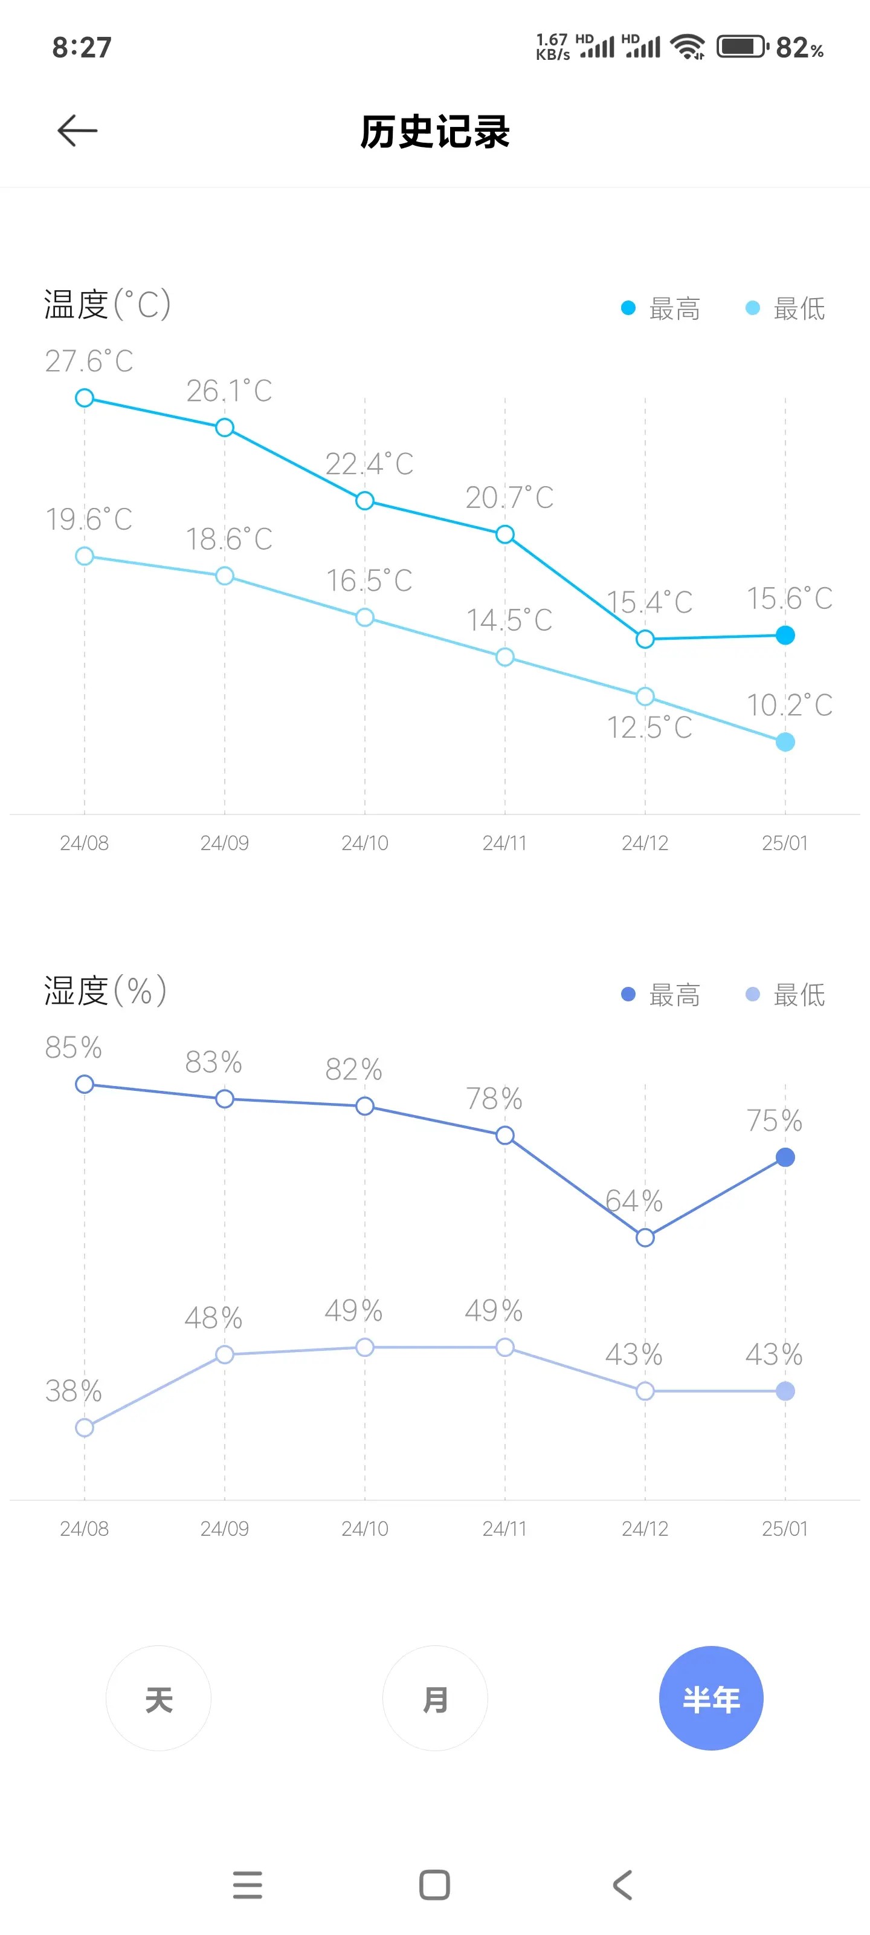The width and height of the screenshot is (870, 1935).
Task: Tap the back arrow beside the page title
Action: (77, 131)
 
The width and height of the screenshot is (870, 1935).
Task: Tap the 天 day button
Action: (158, 1699)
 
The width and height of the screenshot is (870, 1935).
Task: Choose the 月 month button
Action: (434, 1699)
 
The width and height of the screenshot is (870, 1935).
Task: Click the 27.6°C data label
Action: (89, 362)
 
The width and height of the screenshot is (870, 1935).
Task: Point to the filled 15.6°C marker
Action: (785, 636)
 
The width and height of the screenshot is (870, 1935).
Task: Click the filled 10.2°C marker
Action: (785, 742)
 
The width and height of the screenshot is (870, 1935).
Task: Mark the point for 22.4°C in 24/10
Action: (365, 501)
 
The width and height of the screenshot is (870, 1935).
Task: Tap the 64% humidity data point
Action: (645, 1237)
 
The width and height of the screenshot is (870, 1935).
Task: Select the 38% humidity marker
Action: (85, 1427)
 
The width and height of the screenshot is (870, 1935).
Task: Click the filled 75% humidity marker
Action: (785, 1157)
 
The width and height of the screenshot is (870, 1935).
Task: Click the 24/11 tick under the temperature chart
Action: (504, 843)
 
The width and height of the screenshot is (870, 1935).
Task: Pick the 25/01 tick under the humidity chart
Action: (785, 1529)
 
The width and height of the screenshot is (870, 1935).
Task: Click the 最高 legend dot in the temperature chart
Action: (628, 308)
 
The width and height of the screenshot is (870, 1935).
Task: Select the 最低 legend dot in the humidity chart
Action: (752, 995)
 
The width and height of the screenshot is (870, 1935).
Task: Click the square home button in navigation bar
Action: (434, 1885)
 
